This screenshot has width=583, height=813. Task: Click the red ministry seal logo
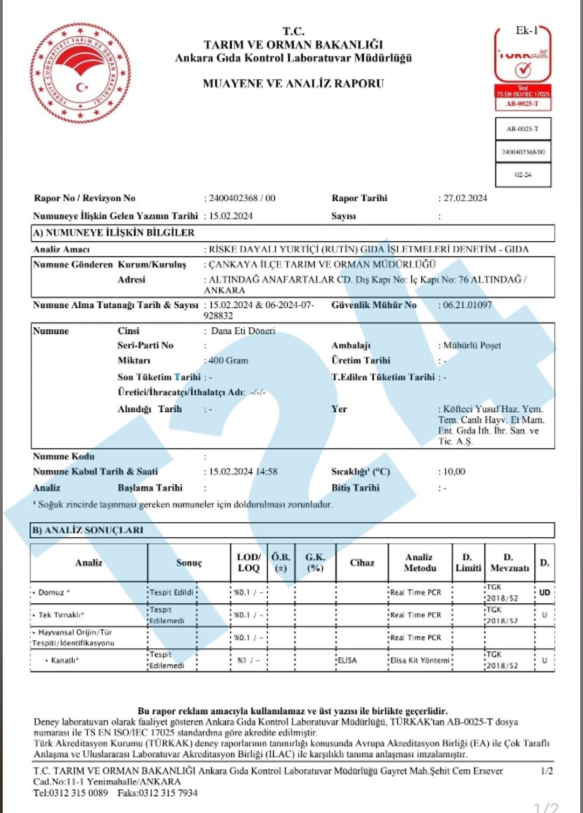pos(81,73)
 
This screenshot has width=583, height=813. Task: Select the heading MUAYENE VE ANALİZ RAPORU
pos(293,83)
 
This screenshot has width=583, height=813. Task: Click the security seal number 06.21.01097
pos(467,305)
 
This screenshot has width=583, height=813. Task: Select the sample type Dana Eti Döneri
pos(243,331)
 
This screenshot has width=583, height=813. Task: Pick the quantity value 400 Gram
pos(228,361)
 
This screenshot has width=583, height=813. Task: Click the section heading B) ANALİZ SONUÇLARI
pos(88,530)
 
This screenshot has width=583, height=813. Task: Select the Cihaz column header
pos(362,563)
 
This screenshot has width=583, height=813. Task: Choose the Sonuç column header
pos(189,563)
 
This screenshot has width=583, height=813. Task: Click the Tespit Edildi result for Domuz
pos(172,593)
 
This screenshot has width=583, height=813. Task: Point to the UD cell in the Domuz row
pos(544,593)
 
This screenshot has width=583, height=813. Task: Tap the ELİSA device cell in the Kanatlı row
pos(347,661)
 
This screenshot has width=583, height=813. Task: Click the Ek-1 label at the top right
pos(527,31)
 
